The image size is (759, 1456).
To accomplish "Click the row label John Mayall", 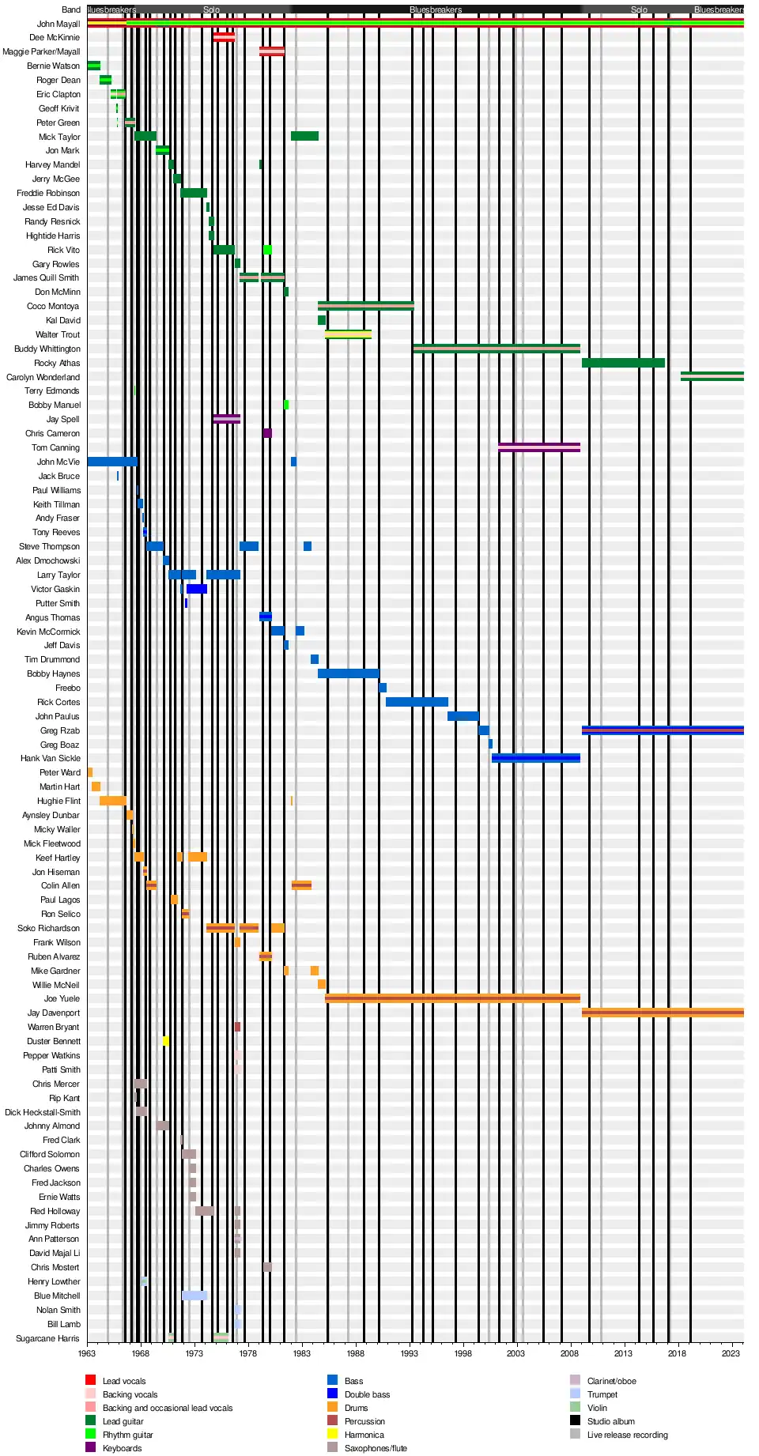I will click(x=58, y=24).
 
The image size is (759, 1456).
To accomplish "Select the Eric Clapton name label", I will click(x=58, y=94).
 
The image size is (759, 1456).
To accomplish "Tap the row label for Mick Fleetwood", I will click(x=51, y=843).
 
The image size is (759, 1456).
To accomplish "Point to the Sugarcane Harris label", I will click(x=47, y=1338).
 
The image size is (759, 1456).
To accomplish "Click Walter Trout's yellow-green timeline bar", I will click(x=348, y=334).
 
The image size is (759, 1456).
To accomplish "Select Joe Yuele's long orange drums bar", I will click(x=452, y=998).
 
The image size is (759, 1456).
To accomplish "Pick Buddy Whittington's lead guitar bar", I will click(x=497, y=349).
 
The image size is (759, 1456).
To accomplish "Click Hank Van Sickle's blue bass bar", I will click(x=536, y=758).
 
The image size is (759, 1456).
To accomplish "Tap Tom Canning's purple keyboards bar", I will click(x=539, y=447).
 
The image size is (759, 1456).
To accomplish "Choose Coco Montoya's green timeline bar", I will click(x=365, y=306).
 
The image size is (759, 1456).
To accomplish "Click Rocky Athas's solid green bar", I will click(x=623, y=363).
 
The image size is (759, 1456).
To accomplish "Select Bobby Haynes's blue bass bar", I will click(x=348, y=673).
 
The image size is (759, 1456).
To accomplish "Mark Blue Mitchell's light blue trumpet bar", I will click(x=194, y=1296).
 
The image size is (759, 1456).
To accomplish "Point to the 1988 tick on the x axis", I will click(x=355, y=1353).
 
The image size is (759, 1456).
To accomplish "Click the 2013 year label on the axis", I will click(x=623, y=1353).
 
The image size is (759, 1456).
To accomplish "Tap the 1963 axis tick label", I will click(x=87, y=1353).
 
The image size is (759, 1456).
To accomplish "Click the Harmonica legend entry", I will click(x=364, y=1435).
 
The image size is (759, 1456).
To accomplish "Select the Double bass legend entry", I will click(x=367, y=1394).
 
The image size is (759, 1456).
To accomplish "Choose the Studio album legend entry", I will click(x=610, y=1421).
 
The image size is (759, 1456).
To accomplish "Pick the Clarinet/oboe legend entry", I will click(x=611, y=1381).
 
